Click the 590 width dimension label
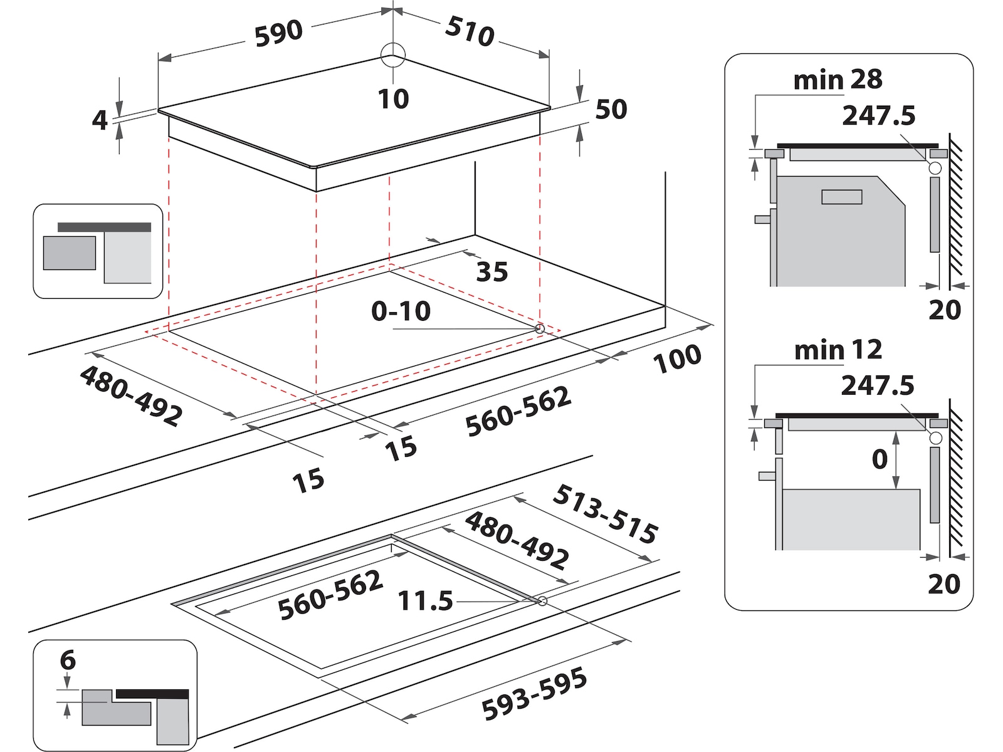(x=278, y=33)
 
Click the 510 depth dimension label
(x=470, y=31)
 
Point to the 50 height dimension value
(x=611, y=110)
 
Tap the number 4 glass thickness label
(x=100, y=120)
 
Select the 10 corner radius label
(x=393, y=99)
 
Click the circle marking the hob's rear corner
(x=393, y=56)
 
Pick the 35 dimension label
(x=491, y=272)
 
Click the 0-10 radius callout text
(x=401, y=311)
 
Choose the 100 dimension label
(x=677, y=359)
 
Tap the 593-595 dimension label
(x=534, y=694)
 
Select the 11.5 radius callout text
(x=425, y=601)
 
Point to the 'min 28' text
(x=838, y=80)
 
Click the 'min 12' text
(x=838, y=350)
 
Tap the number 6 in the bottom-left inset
(x=68, y=661)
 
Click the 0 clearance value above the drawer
(x=880, y=459)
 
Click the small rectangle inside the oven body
(x=842, y=197)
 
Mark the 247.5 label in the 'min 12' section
(x=878, y=385)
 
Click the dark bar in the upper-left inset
(x=104, y=227)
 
